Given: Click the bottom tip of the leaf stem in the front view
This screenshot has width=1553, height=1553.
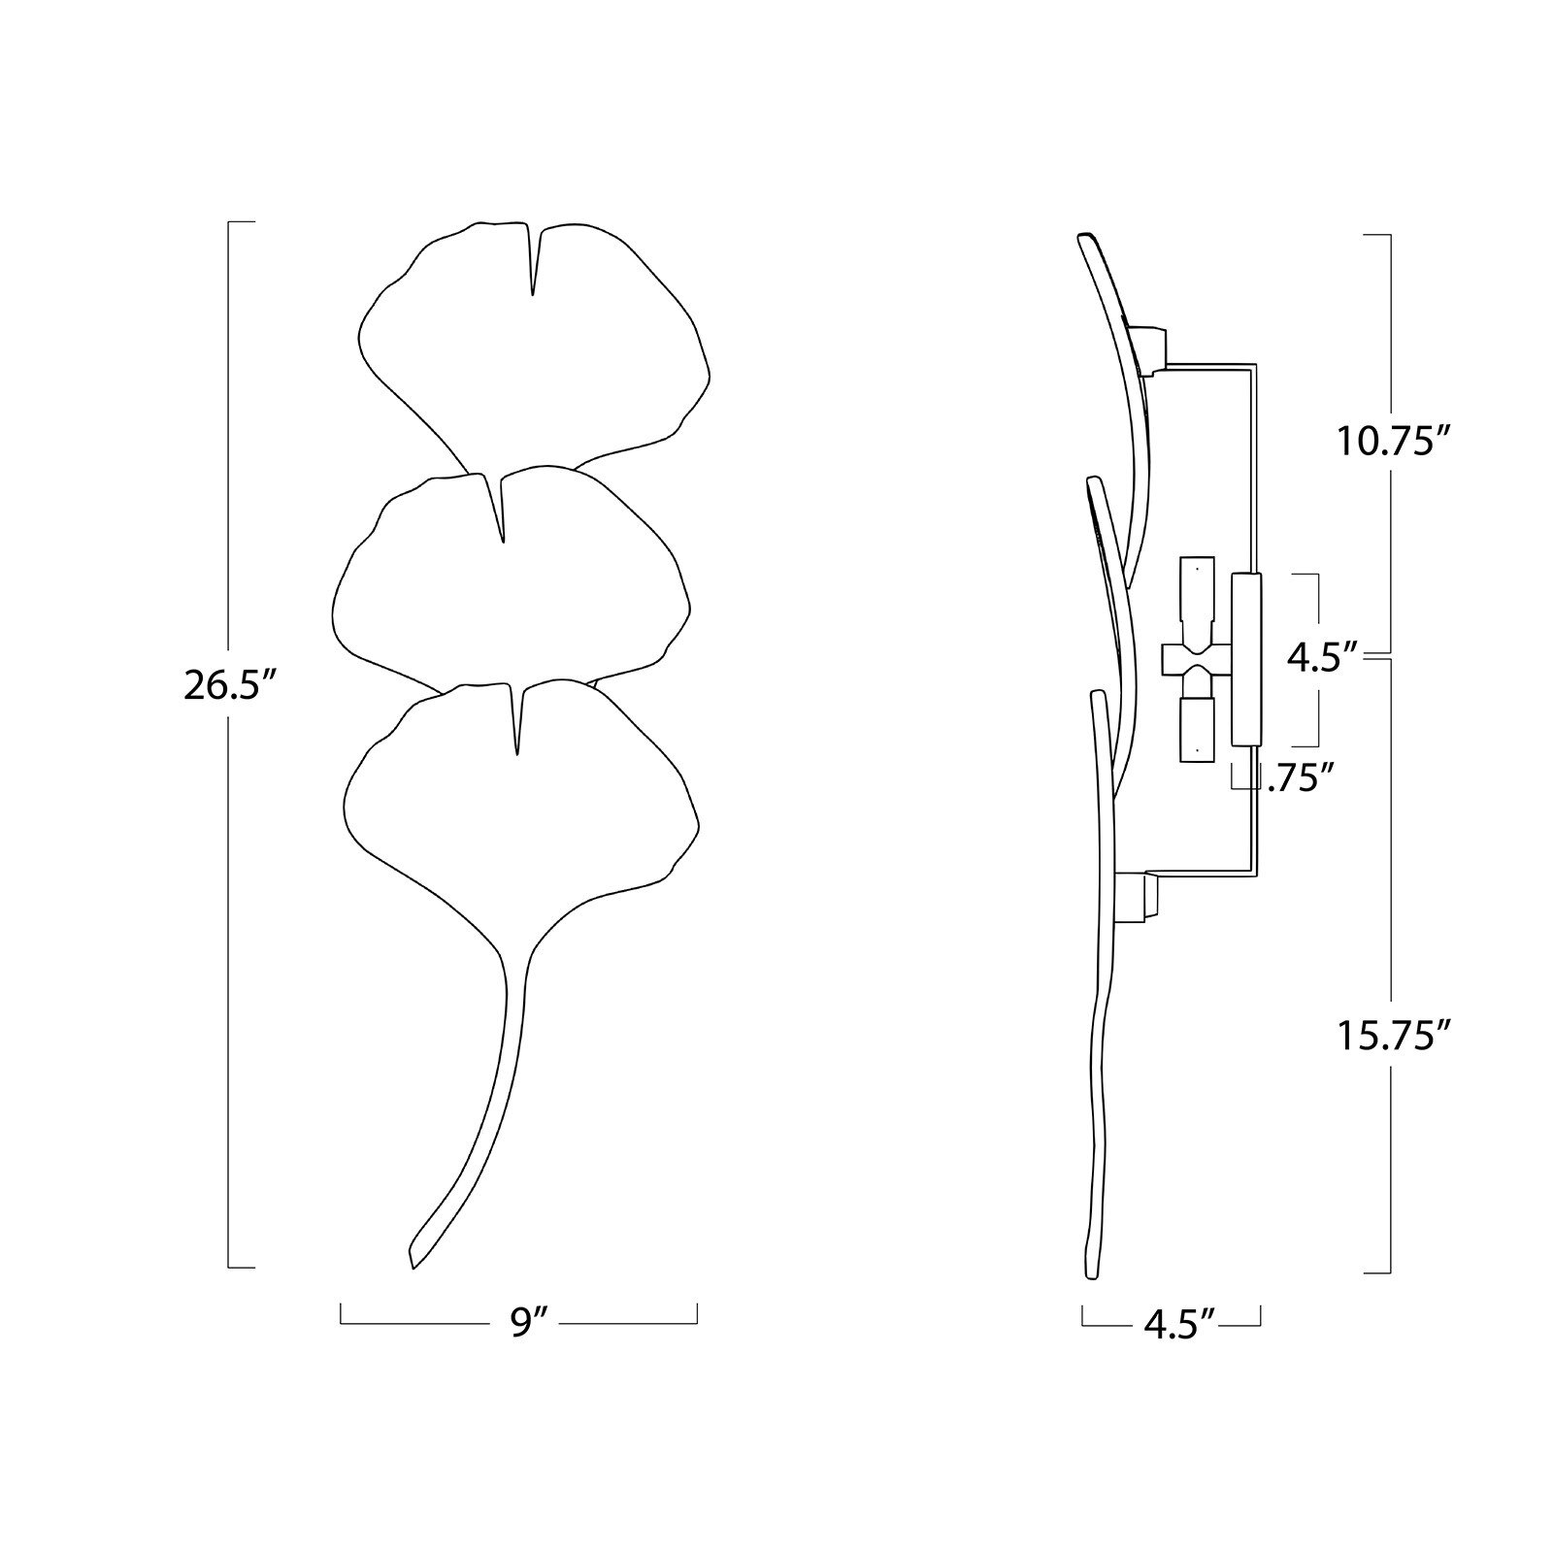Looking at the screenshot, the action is [413, 1268].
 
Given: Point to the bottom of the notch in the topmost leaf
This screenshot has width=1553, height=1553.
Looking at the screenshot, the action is [533, 294].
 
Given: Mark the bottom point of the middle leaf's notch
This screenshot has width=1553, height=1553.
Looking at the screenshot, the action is [502, 542].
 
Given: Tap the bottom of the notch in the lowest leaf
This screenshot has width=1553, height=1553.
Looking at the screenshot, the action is [517, 755].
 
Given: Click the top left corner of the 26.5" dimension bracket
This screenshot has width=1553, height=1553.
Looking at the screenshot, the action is [228, 222].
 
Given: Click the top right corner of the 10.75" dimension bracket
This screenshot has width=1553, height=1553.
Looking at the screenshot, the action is [1392, 235].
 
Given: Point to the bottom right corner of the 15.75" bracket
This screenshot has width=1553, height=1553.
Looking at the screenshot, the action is [1392, 1272].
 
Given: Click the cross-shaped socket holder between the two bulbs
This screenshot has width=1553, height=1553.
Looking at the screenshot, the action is [1195, 661].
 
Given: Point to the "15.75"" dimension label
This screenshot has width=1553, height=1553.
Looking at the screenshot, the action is [1394, 1036].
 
